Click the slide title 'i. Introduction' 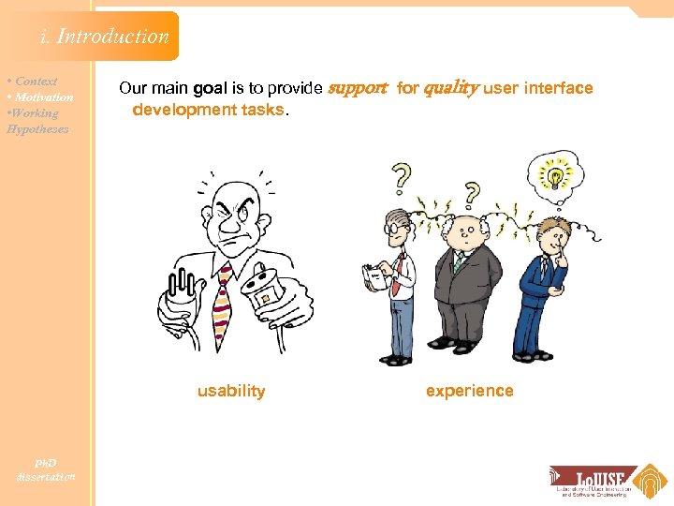coord(105,37)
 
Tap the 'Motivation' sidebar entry coord(41,97)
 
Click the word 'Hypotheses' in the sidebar coord(37,129)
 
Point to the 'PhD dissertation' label coord(46,469)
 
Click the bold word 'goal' coord(210,89)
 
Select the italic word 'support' coord(356,89)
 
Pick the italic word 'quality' coord(451,89)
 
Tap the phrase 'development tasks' coord(208,111)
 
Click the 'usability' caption coord(231,392)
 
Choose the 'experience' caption coord(469,392)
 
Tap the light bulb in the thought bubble coord(555,175)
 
